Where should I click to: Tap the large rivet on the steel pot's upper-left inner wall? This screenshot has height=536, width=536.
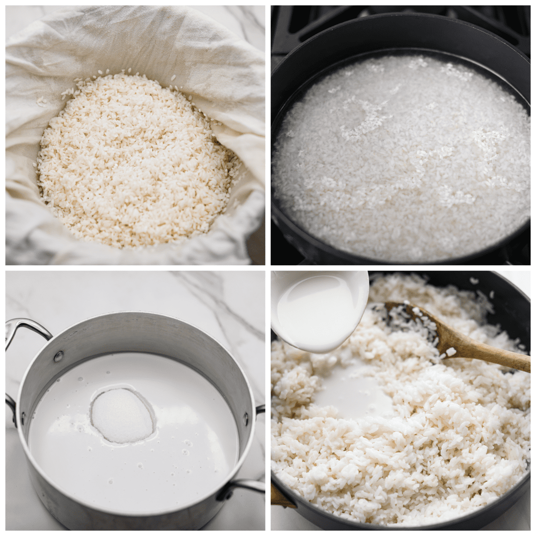click(x=59, y=356)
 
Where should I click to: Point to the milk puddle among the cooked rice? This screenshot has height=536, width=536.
click(x=353, y=393)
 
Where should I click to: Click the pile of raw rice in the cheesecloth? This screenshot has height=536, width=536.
click(x=134, y=161)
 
